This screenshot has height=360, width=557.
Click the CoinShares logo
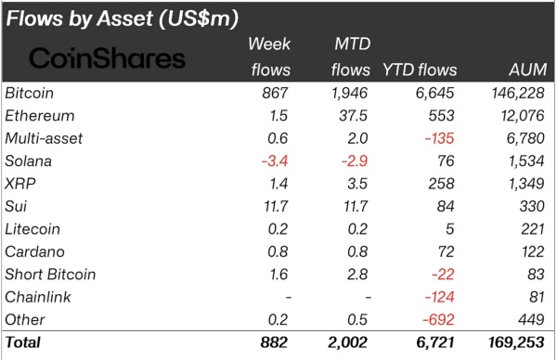tap(108, 58)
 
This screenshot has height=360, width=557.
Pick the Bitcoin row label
tap(30, 94)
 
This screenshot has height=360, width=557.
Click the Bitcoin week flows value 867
tap(278, 94)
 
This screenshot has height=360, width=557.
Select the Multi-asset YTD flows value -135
tap(438, 138)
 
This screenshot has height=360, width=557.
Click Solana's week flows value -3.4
tap(277, 161)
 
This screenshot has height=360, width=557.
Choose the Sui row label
tap(16, 206)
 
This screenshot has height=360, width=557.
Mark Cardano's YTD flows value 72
tap(445, 251)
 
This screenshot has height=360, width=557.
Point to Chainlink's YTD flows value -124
tap(438, 297)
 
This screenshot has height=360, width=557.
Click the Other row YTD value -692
tap(438, 319)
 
